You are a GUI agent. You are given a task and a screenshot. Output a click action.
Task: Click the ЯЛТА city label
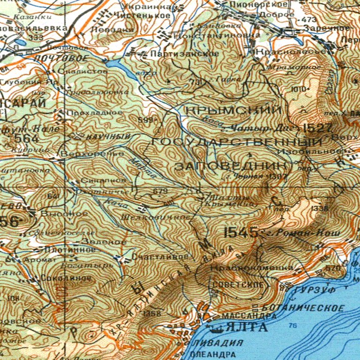[x=246, y=327]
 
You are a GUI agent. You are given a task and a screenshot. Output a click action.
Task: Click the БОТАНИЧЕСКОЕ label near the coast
[x=301, y=308]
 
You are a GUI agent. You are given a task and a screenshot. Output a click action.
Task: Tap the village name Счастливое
[x=160, y=257]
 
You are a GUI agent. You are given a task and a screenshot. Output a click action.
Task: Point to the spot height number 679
[x=160, y=191]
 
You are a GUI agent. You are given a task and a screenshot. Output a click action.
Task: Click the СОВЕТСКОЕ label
[x=234, y=285]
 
